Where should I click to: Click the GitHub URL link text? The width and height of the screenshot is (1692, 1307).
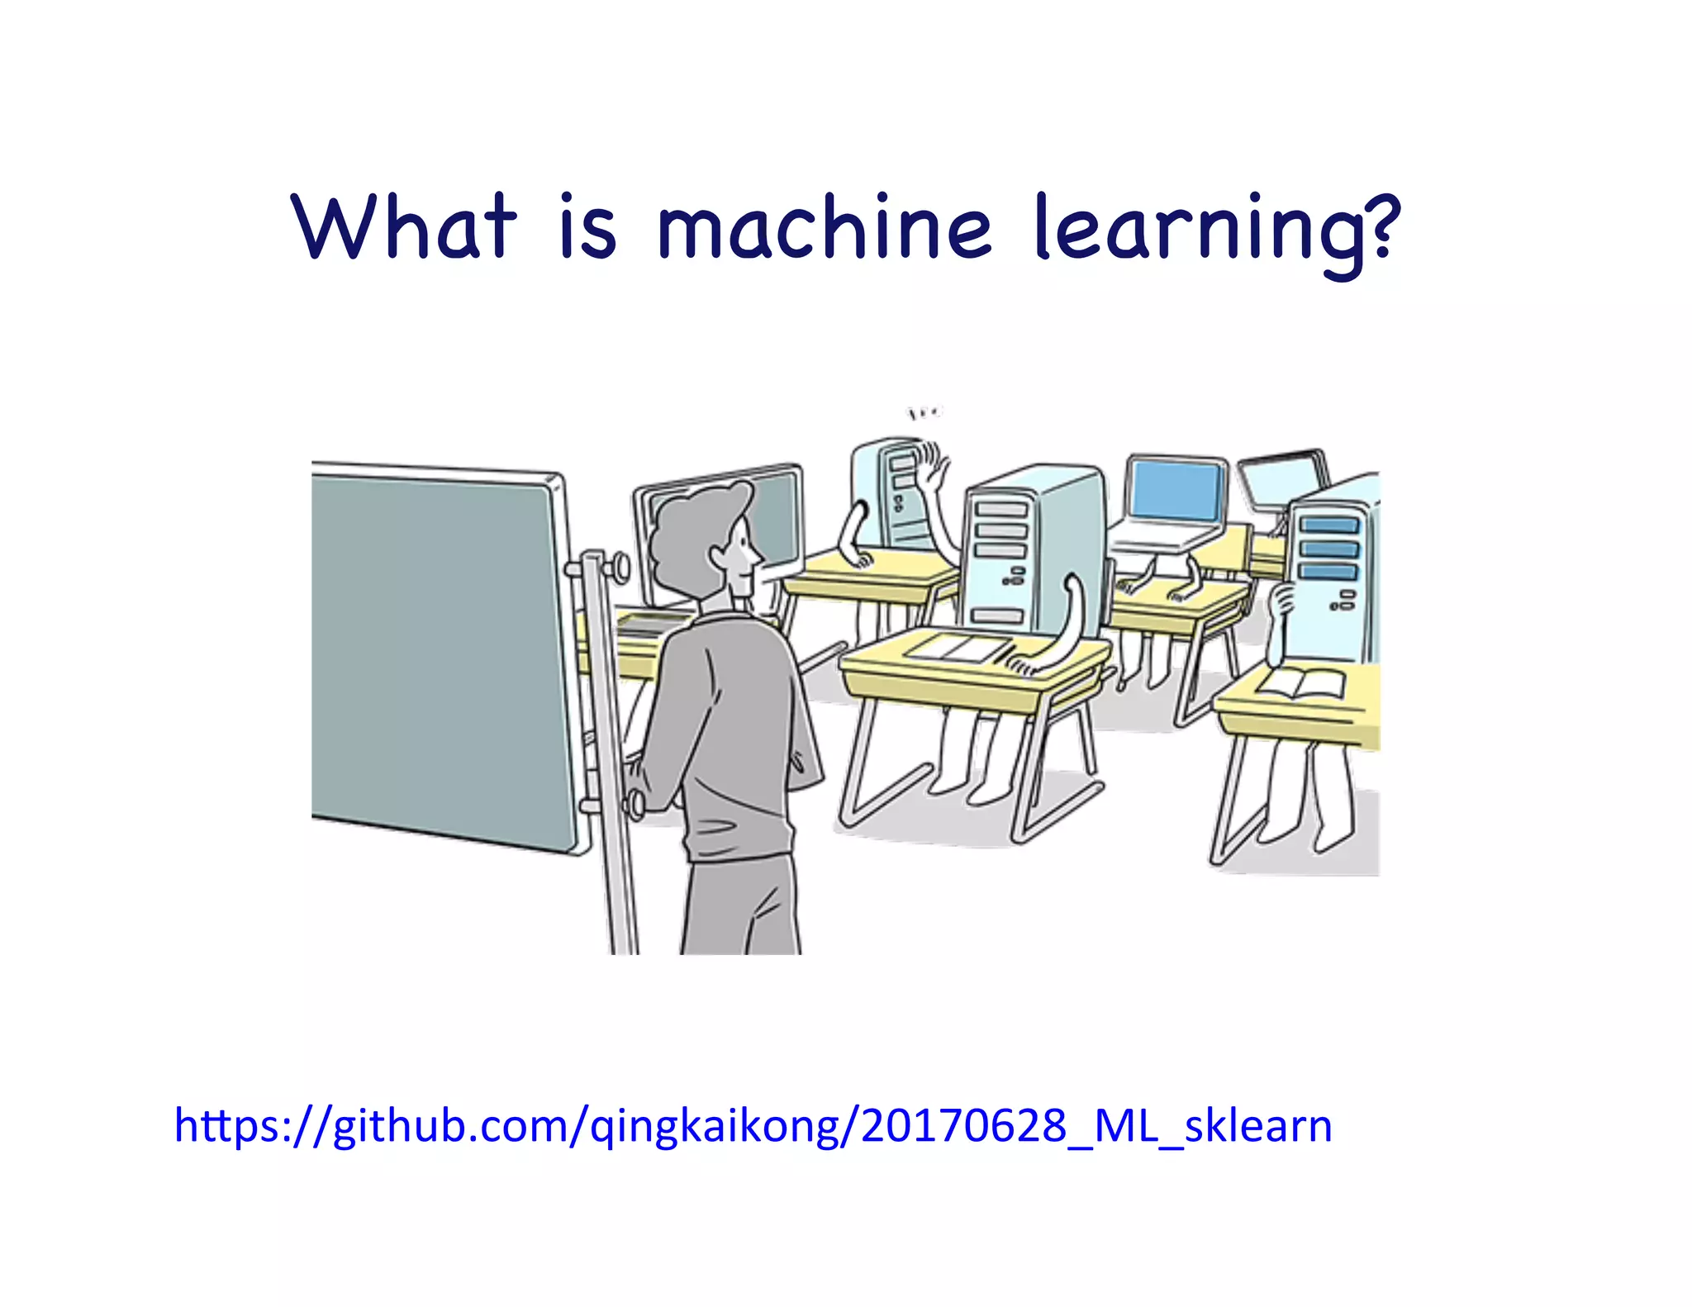click(x=753, y=1125)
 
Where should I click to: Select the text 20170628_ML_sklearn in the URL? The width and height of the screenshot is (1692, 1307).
click(x=1096, y=1125)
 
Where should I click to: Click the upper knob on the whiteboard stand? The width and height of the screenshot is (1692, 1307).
click(x=618, y=567)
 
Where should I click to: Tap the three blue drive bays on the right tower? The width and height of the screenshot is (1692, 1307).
click(x=1328, y=547)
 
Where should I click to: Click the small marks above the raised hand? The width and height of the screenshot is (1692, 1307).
click(x=924, y=411)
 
